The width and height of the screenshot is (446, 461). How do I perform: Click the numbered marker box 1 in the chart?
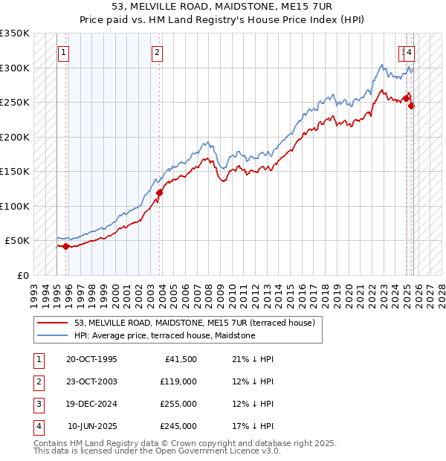(64, 53)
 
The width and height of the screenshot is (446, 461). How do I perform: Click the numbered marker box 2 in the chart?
(158, 53)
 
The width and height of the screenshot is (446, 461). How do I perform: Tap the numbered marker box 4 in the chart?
(410, 53)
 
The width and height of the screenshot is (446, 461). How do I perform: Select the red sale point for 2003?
(159, 193)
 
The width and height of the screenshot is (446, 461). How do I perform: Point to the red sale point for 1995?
(65, 246)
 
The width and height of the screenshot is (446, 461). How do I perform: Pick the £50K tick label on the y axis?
(17, 241)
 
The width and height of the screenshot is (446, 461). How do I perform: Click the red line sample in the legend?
(52, 323)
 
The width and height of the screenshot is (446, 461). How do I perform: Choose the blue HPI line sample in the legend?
(52, 336)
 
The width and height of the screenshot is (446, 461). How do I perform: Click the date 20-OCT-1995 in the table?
(91, 360)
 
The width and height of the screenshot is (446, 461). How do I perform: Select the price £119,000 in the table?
(178, 382)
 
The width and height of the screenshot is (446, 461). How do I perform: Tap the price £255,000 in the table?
(178, 404)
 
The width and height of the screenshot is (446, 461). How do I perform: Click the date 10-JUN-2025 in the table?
(92, 427)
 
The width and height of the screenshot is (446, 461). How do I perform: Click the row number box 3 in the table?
(37, 404)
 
